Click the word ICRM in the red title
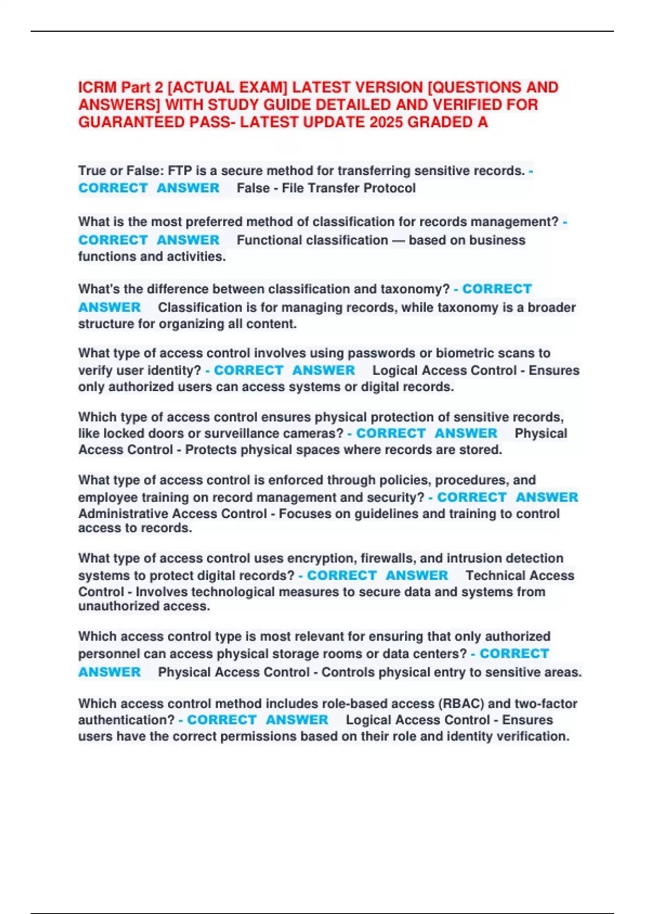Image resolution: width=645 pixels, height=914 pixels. tap(97, 88)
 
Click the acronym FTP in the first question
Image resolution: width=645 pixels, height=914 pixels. tap(180, 171)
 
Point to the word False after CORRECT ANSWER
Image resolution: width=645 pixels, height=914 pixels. tap(253, 188)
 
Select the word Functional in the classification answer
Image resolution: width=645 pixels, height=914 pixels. tap(267, 240)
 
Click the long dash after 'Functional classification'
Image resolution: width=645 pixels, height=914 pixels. tap(398, 240)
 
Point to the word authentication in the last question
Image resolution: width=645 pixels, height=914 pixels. tap(126, 720)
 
